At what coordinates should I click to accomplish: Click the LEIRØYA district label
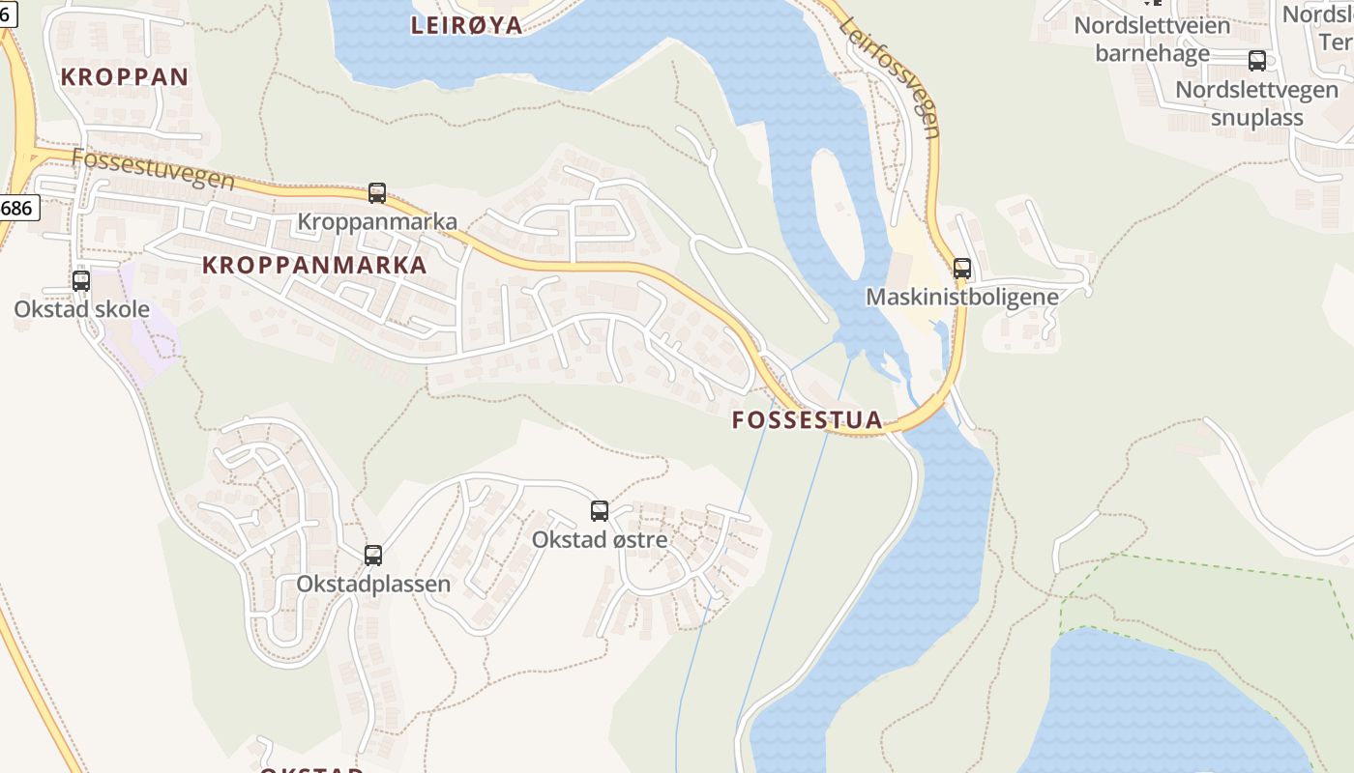click(467, 25)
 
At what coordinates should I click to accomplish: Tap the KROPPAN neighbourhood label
click(125, 77)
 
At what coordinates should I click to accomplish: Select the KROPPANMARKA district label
click(314, 265)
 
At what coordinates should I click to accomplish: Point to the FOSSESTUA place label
click(808, 419)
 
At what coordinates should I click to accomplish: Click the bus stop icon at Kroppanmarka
click(377, 193)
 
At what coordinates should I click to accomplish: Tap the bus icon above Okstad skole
click(81, 281)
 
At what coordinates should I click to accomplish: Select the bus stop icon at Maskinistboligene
click(962, 269)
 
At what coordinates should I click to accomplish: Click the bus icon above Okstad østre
click(600, 511)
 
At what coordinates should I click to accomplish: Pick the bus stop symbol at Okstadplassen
click(373, 556)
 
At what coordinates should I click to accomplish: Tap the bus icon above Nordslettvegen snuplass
click(1257, 61)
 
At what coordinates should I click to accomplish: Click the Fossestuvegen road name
click(153, 168)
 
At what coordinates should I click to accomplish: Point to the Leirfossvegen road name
click(891, 77)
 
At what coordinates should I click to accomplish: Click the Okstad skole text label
click(82, 309)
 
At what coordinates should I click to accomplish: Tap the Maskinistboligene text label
click(962, 297)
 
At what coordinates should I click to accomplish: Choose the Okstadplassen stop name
click(373, 584)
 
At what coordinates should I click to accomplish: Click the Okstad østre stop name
click(600, 539)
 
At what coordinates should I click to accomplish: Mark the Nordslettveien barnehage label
click(1152, 39)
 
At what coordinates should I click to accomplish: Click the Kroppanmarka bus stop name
click(377, 221)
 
